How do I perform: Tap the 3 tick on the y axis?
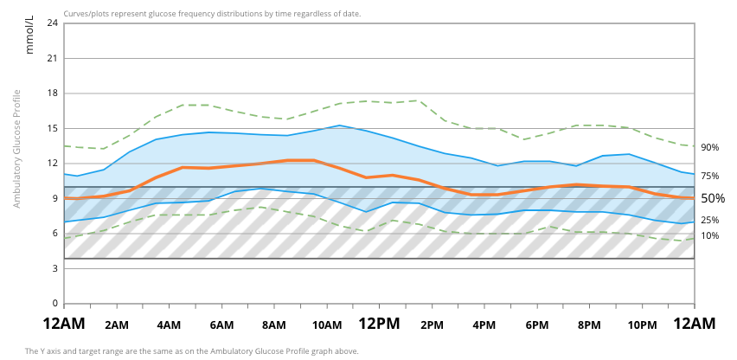tap(55, 269)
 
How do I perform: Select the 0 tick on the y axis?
tap(55, 304)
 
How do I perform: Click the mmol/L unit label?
tap(29, 35)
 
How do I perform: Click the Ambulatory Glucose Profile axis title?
tap(16, 148)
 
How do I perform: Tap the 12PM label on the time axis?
tap(379, 325)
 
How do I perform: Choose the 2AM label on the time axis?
tap(117, 325)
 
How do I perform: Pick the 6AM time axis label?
tap(221, 325)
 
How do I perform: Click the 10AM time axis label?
tap(327, 325)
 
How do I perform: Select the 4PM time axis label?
tap(484, 325)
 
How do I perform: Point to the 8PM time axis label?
tap(589, 325)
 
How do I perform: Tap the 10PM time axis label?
tap(642, 325)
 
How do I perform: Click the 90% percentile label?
tap(710, 148)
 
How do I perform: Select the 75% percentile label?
tap(710, 177)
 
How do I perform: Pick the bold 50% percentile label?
tap(713, 198)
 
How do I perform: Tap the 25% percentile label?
tap(710, 221)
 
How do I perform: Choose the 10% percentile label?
tap(710, 235)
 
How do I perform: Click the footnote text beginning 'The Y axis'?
tap(191, 351)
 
